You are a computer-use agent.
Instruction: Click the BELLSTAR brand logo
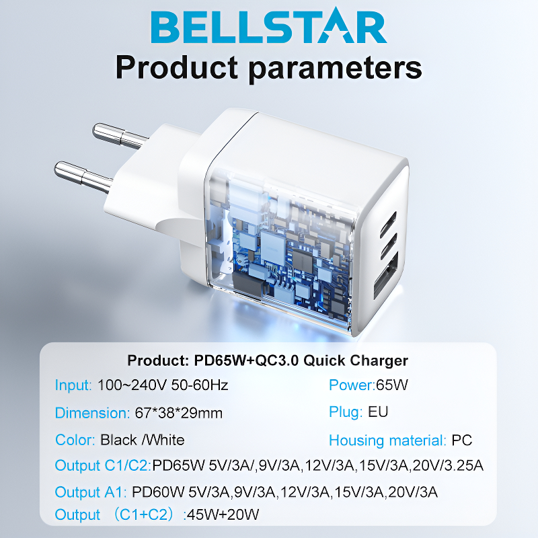(x=269, y=27)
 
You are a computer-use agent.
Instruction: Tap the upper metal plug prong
(x=120, y=137)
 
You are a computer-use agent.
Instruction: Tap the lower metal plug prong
(x=83, y=176)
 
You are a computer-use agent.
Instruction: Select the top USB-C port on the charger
(x=389, y=224)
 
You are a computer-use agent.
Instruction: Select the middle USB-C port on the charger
(x=389, y=246)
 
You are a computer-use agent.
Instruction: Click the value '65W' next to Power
(x=392, y=385)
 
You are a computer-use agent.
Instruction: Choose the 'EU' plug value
(x=378, y=412)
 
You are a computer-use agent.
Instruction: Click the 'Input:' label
(x=73, y=385)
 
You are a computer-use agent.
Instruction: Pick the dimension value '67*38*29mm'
(x=179, y=413)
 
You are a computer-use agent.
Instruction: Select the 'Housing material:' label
(x=388, y=440)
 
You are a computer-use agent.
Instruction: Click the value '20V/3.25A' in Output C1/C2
(x=448, y=465)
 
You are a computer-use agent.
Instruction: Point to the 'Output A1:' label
(x=91, y=492)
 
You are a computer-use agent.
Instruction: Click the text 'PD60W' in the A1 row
(x=158, y=492)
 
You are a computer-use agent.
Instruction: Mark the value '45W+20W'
(x=223, y=514)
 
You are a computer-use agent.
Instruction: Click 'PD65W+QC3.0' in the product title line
(x=246, y=360)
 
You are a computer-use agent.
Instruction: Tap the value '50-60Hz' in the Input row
(x=200, y=385)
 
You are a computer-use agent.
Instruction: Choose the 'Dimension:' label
(x=92, y=413)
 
